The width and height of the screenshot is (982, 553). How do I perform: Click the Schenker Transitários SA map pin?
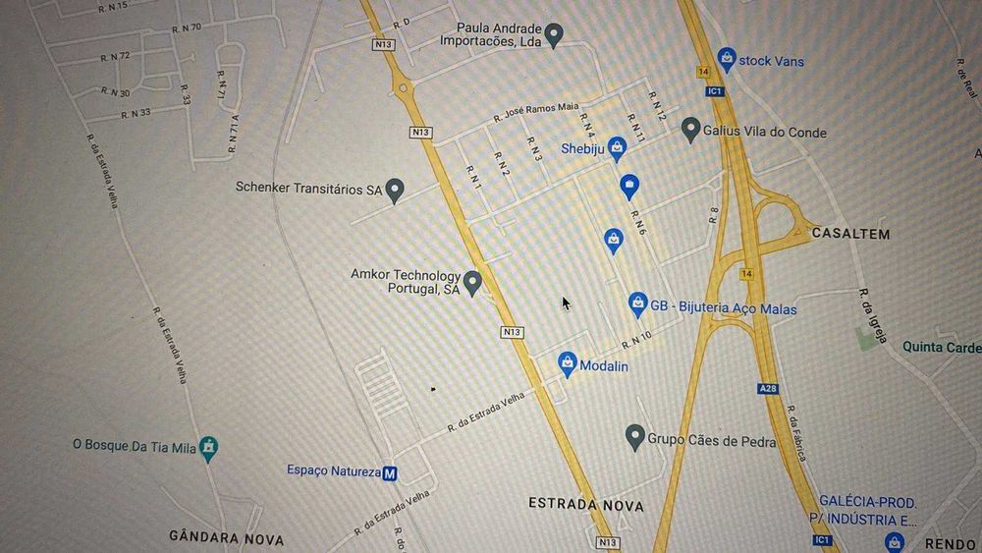click(395, 189)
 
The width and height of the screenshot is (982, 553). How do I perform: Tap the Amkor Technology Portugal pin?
click(472, 283)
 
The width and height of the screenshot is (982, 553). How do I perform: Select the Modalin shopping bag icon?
click(568, 363)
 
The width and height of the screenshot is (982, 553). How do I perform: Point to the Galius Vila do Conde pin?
click(690, 129)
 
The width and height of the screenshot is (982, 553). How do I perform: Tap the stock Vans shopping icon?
click(726, 59)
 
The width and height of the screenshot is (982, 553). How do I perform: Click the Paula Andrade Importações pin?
click(554, 35)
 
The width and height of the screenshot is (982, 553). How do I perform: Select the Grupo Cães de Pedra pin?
click(634, 435)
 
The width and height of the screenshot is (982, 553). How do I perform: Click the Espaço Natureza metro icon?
click(390, 472)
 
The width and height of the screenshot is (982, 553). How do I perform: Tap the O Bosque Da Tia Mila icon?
click(208, 447)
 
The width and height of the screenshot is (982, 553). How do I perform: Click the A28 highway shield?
click(767, 389)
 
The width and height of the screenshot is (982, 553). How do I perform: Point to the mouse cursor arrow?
click(566, 303)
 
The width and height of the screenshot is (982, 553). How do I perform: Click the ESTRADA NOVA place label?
click(586, 505)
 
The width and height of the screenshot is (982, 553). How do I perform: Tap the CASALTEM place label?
click(850, 234)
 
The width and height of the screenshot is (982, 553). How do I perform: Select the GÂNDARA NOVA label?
click(226, 539)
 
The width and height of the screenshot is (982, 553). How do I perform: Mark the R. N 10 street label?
click(636, 340)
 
